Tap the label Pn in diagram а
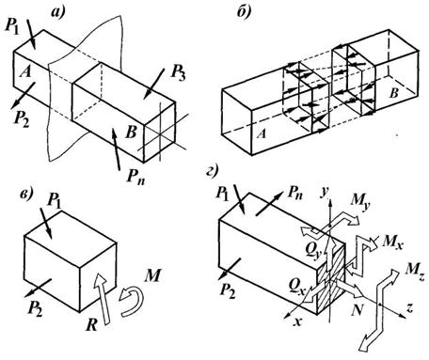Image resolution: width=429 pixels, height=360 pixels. coord(135,178)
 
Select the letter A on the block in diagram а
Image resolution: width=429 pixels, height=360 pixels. coord(25,72)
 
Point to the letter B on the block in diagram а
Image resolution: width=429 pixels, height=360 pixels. coord(131,133)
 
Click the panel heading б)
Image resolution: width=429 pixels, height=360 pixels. coord(244,13)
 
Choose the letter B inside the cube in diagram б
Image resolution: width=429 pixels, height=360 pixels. coord(393,93)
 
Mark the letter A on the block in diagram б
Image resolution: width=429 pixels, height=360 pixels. coord(262,134)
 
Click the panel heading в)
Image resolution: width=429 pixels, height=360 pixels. coord(25,195)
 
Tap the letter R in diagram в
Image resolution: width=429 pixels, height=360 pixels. coord(91,325)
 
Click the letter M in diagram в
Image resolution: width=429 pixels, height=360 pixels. coord(152,276)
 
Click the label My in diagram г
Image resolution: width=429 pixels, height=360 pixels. coord(360,202)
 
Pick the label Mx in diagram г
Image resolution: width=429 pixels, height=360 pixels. coord(391,242)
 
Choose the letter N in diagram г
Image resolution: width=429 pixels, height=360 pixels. coord(357,310)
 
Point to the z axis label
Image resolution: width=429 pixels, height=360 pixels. coord(409,308)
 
